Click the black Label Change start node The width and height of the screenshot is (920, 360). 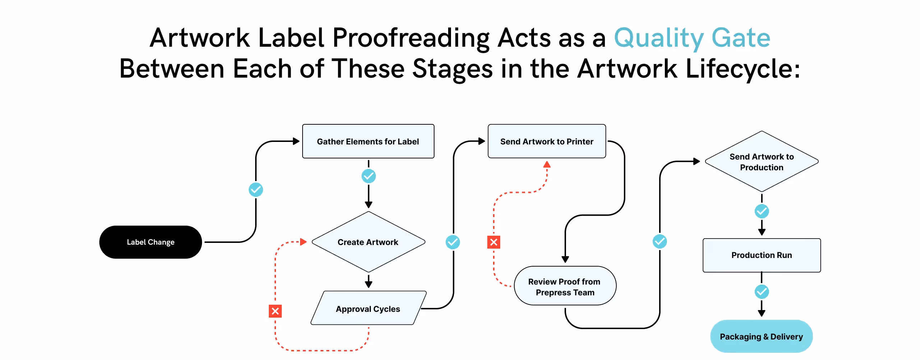[x=150, y=242]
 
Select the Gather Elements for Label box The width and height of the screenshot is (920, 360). [x=368, y=141]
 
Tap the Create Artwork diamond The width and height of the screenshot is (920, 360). [x=368, y=242]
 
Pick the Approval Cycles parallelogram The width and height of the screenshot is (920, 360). [x=368, y=309]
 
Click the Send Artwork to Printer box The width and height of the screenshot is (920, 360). [x=547, y=141]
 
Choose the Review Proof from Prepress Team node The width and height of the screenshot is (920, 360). [x=565, y=286]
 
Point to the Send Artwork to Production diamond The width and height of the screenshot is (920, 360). [x=762, y=162]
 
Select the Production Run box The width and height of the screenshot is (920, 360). [x=762, y=255]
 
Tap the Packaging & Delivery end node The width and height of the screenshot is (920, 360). [x=761, y=337]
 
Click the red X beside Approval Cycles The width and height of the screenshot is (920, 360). [x=275, y=311]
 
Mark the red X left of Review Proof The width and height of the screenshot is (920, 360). [x=494, y=242]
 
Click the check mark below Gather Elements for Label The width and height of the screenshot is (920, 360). [x=368, y=176]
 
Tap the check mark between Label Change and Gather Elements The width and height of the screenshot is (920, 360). [x=256, y=189]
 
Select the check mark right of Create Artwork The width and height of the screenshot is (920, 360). [x=453, y=242]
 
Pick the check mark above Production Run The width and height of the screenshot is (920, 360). [x=762, y=211]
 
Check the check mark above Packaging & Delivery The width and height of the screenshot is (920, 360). [x=762, y=292]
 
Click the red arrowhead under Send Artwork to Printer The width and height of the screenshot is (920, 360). [x=547, y=165]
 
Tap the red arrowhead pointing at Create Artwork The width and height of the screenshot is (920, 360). [x=303, y=242]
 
